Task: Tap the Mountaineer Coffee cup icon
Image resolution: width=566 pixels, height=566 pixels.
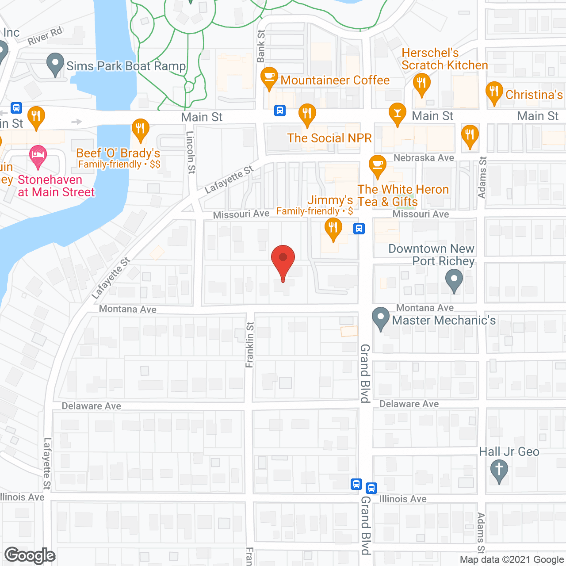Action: [x=269, y=76]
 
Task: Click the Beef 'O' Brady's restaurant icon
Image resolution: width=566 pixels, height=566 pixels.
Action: [x=140, y=129]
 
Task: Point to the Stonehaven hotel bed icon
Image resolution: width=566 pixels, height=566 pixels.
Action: [x=38, y=156]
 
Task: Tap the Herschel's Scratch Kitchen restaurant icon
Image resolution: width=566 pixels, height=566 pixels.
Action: [x=421, y=83]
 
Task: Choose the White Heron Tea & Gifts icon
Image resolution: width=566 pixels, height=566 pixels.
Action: [x=377, y=165]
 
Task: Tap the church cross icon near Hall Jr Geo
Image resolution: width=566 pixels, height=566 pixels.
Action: [x=499, y=470]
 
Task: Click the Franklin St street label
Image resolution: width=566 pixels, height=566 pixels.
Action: [x=250, y=345]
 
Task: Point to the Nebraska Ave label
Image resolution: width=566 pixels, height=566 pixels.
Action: [x=424, y=158]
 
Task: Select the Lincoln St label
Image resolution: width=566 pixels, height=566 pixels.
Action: [x=191, y=152]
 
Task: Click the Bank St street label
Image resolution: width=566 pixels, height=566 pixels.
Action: [x=261, y=46]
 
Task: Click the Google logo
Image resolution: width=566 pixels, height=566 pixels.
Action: [x=30, y=555]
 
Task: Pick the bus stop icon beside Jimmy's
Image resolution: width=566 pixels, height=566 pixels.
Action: [x=359, y=229]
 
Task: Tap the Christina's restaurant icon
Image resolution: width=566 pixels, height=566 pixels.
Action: [x=494, y=92]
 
